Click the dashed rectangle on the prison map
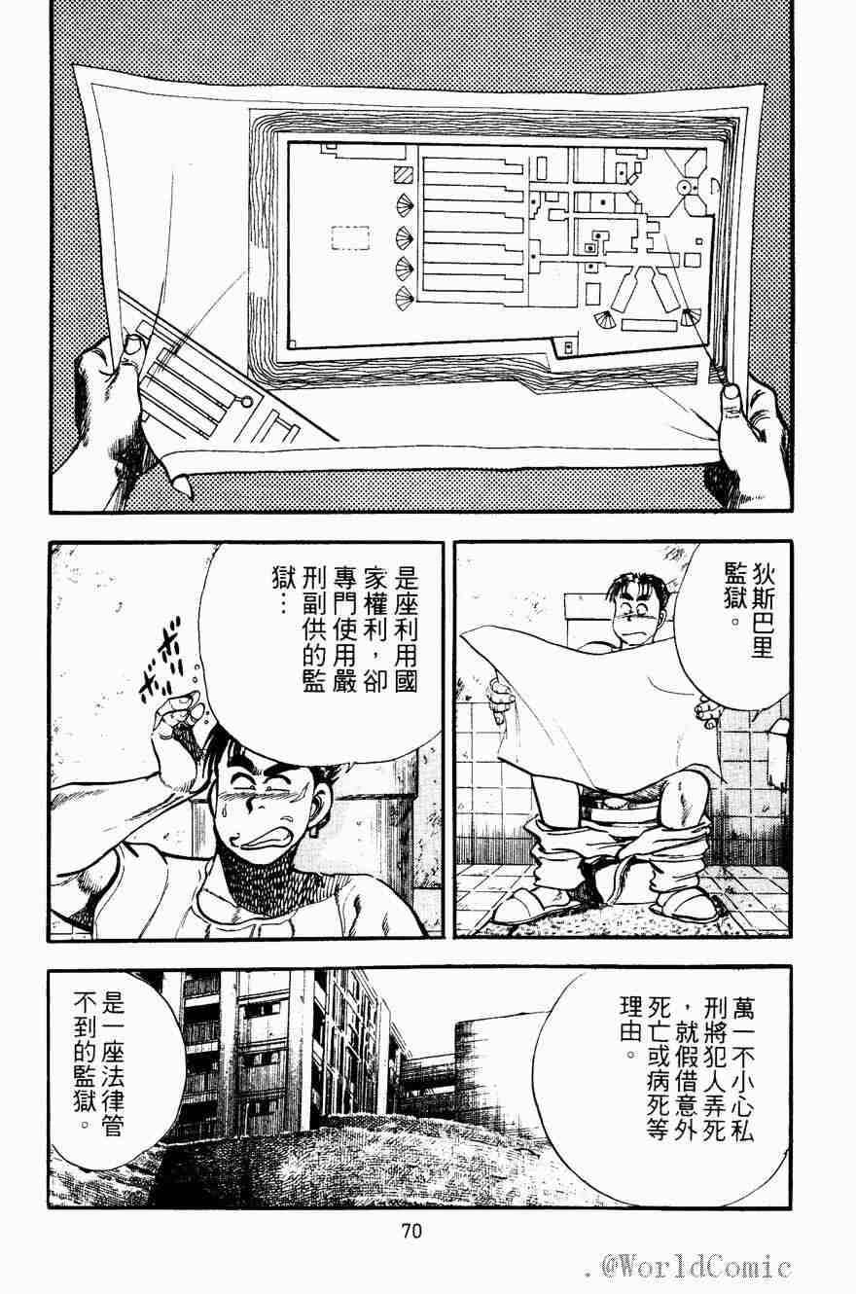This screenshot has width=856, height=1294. click(x=350, y=237)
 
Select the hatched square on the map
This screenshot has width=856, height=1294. click(x=404, y=174)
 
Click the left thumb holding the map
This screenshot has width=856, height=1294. click(x=130, y=345)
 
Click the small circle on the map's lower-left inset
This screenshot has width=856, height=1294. click(x=247, y=401)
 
